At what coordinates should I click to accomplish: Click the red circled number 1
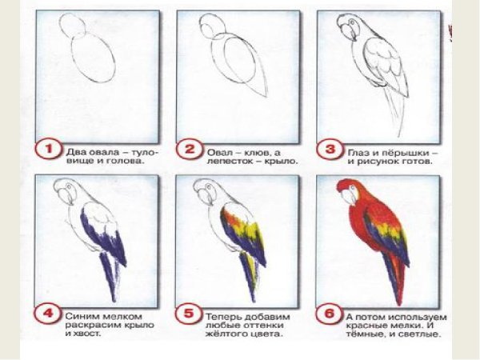point(48,150)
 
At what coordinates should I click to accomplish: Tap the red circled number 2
point(189,150)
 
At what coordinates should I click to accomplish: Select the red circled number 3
point(330,150)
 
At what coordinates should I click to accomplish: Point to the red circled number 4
point(48,314)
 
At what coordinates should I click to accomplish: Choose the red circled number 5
point(188,314)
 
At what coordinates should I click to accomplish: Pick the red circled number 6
point(329,314)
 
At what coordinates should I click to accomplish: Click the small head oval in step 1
point(72,25)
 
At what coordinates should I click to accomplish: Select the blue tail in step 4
point(110,275)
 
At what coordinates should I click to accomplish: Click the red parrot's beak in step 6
point(349,197)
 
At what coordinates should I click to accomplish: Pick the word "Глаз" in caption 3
point(358,152)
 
